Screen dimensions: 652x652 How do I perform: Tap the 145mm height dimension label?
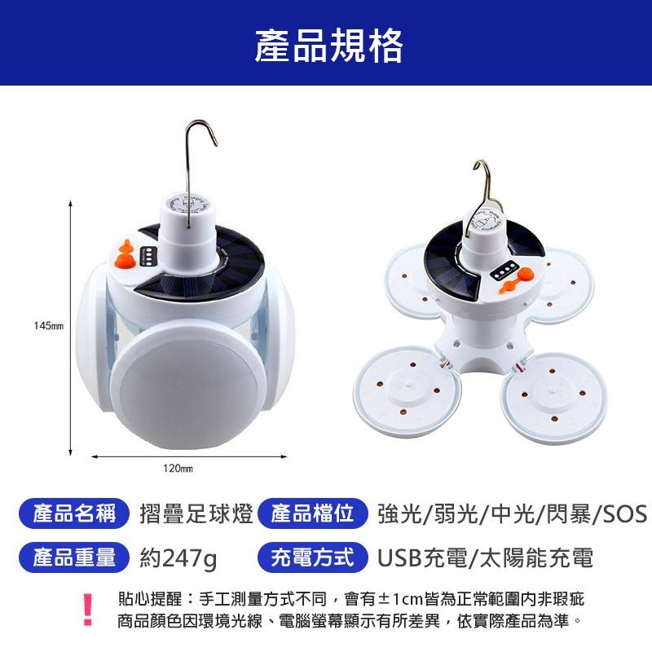(49, 326)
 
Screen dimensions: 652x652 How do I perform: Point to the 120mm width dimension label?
(177, 469)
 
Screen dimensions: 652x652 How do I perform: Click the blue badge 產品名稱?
(74, 514)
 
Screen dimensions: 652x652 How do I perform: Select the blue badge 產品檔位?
(312, 514)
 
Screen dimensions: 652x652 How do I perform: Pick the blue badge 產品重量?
(74, 558)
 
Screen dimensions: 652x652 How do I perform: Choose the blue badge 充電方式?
(312, 558)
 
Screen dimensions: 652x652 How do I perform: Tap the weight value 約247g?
(178, 559)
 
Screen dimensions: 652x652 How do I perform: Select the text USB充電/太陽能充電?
(485, 559)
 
